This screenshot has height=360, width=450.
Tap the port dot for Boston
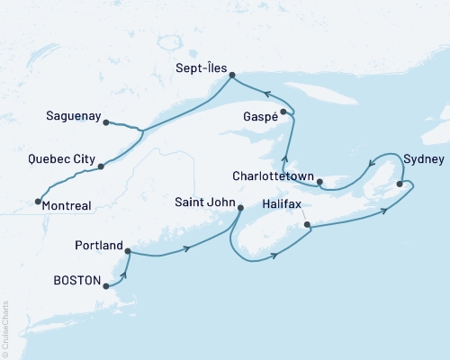[107, 286]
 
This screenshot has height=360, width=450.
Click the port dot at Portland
[128, 251]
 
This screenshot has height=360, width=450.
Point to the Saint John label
[203, 203]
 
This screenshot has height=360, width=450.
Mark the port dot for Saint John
[239, 209]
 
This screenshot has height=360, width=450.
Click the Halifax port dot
[307, 224]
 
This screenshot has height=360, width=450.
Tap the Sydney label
[423, 159]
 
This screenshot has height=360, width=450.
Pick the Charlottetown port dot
[320, 182]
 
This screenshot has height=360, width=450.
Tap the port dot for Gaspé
[283, 112]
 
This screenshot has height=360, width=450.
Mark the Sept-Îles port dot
[230, 75]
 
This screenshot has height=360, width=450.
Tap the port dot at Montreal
[38, 202]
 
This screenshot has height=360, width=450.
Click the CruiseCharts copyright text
[5, 328]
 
